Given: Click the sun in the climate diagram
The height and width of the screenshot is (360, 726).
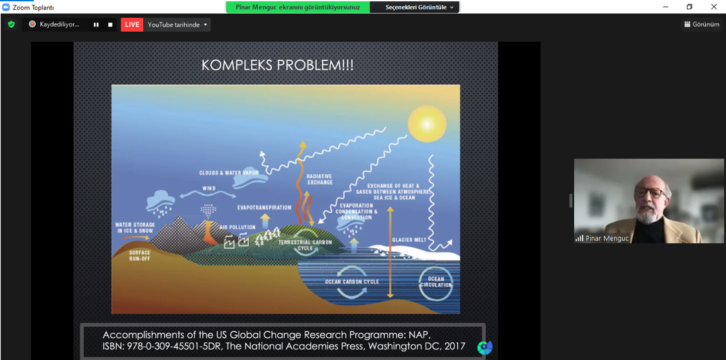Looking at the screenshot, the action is [426, 123].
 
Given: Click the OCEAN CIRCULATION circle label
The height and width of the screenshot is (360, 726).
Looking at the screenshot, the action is [435, 282].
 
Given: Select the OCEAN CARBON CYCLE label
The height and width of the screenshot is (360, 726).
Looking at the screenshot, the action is [352, 282].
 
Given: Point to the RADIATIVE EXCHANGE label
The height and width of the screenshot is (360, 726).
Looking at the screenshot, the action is [320, 179].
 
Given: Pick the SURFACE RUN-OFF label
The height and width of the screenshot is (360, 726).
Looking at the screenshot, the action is [139, 256].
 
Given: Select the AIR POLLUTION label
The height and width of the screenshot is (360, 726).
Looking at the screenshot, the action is [237, 227].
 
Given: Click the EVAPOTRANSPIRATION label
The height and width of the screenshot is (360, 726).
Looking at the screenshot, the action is [265, 208].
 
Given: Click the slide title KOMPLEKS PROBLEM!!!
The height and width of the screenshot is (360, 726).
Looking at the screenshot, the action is [277, 65].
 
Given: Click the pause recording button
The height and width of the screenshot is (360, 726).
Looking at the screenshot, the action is [96, 25].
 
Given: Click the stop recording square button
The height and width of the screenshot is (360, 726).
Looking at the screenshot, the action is [110, 25].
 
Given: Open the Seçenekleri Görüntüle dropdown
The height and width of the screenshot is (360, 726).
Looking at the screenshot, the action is [420, 7].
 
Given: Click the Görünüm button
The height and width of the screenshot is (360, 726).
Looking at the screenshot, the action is [702, 25].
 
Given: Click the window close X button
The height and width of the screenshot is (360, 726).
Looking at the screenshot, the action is [713, 7].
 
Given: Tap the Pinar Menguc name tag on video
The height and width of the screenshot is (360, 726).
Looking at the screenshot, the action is [602, 238].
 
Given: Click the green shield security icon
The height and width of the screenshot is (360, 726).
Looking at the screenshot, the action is [11, 25].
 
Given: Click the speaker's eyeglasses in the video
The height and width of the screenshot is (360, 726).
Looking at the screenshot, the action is [650, 192].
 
